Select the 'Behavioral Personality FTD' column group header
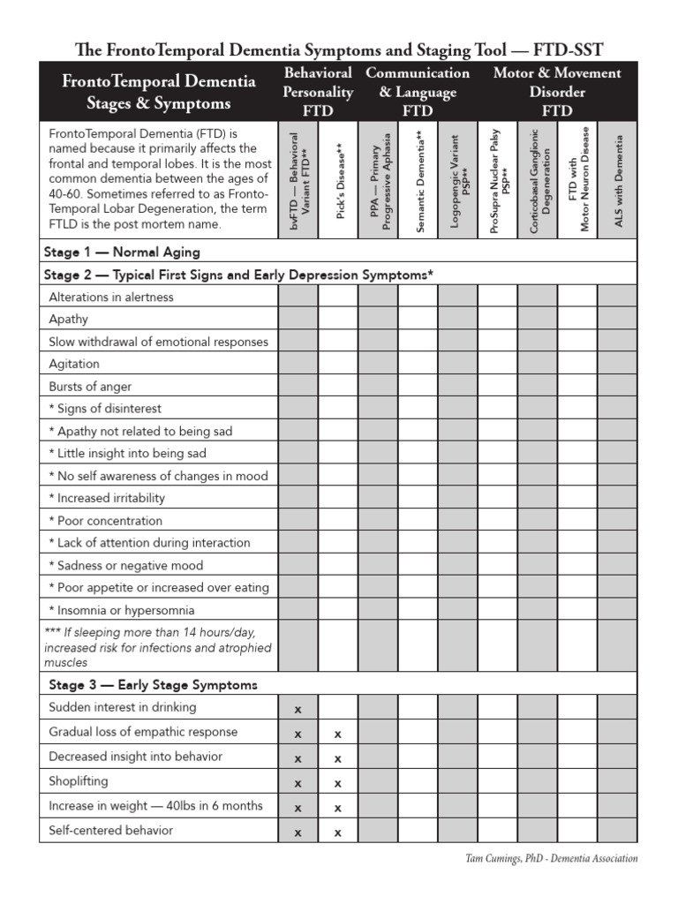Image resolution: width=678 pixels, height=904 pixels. click(318, 92)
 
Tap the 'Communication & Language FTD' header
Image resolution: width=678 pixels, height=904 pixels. click(418, 92)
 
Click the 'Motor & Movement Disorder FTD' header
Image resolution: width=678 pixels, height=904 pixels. click(557, 92)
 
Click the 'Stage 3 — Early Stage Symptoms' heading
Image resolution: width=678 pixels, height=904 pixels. click(153, 684)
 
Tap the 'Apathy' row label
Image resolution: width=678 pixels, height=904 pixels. click(69, 320)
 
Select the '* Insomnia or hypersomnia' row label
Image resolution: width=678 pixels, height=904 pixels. click(122, 610)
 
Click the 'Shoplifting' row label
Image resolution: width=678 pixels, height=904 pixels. click(79, 781)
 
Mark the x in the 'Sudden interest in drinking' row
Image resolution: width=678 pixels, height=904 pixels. click(298, 709)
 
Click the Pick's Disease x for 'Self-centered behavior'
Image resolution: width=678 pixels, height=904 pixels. click(338, 832)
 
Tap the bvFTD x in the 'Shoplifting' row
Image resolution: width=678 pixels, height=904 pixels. click(298, 783)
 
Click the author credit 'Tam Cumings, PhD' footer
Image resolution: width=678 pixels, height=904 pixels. click(551, 858)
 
